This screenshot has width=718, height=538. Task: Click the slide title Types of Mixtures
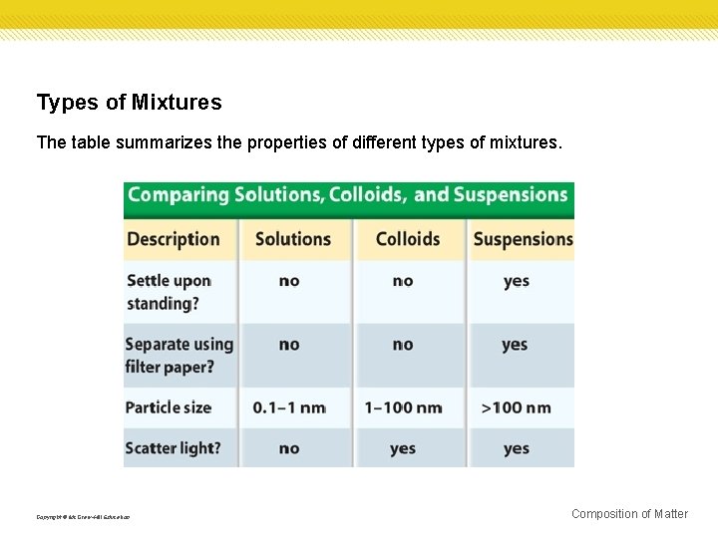click(129, 103)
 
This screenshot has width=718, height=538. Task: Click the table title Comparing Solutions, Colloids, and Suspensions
click(347, 195)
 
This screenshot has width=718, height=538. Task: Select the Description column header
click(173, 239)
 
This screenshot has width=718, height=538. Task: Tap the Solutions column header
click(292, 239)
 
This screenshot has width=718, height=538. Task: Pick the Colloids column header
click(408, 239)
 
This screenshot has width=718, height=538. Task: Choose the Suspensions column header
click(523, 239)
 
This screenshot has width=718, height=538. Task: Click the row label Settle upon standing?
click(169, 292)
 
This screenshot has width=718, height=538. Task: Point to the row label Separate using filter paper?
click(179, 356)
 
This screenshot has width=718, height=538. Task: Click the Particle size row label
click(168, 407)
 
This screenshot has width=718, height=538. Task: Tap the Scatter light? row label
click(173, 448)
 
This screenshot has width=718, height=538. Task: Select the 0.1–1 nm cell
click(289, 407)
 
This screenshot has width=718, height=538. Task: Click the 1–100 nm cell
click(403, 407)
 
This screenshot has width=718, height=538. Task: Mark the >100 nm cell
click(516, 407)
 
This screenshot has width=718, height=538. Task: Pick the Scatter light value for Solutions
click(289, 448)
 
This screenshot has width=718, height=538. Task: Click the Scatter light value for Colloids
click(403, 448)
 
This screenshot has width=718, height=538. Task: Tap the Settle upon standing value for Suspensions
click(517, 281)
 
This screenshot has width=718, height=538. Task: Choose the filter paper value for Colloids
click(403, 345)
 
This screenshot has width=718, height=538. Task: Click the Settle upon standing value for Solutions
click(289, 281)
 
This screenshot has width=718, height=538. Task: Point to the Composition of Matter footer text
click(629, 514)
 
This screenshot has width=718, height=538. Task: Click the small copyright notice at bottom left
click(83, 517)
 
